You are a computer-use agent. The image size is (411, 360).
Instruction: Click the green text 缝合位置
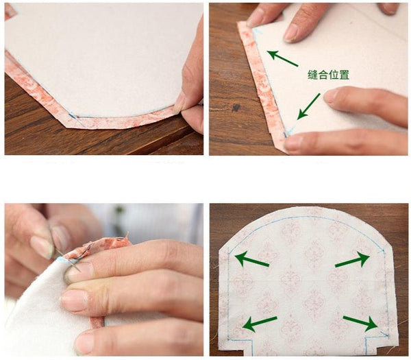328,75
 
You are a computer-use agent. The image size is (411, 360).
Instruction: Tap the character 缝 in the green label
313,75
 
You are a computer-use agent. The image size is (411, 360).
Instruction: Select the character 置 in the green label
344,75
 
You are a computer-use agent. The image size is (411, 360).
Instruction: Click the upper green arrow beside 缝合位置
282,58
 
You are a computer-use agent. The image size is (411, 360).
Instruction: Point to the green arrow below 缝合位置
309,106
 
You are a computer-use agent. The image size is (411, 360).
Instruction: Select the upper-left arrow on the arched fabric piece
251,259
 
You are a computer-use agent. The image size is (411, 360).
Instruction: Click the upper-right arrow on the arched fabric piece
353,260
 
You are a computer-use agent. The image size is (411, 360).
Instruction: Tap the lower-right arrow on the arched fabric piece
360,323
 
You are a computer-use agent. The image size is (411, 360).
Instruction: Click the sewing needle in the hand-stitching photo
68,260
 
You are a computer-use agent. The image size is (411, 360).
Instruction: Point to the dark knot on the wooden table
236,108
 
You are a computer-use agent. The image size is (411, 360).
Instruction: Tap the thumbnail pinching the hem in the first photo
180,105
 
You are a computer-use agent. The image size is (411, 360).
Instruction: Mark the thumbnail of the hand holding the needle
40,247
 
